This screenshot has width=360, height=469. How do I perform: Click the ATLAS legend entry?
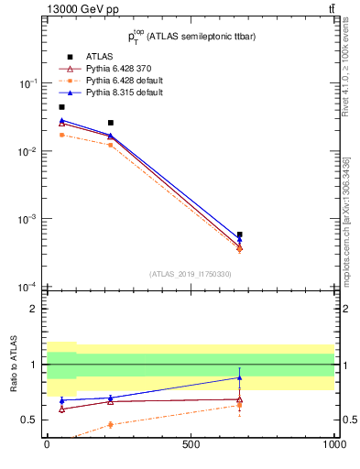[x=97, y=56]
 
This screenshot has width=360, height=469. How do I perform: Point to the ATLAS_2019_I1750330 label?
[x=190, y=274]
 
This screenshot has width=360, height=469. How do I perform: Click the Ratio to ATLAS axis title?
[x=14, y=364]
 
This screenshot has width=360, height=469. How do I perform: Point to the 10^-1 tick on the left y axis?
[x=27, y=83]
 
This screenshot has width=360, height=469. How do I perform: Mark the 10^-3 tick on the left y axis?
[x=27, y=220]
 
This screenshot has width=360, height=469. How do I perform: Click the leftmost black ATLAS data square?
[x=61, y=107]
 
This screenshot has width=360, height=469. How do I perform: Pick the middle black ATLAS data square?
[x=110, y=123]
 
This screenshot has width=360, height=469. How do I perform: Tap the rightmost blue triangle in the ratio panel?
[x=239, y=377]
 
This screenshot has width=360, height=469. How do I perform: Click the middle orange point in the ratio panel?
[x=110, y=424]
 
